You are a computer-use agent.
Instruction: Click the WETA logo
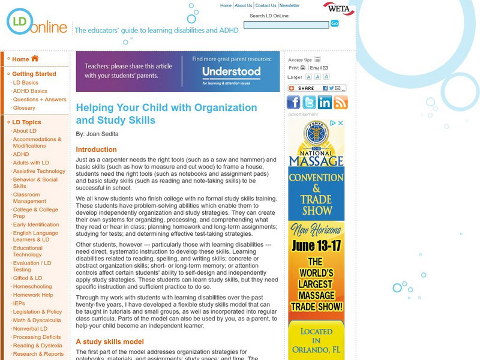click(x=338, y=8)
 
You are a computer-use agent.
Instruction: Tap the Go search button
click(x=334, y=23)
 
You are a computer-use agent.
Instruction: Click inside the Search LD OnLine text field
click(x=286, y=25)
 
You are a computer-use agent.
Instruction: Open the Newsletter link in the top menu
click(x=289, y=5)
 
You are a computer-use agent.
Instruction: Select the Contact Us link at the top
click(x=266, y=5)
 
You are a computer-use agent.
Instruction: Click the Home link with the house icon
click(x=25, y=59)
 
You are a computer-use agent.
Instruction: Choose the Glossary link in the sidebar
click(x=24, y=108)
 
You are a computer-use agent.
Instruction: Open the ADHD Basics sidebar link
click(x=30, y=91)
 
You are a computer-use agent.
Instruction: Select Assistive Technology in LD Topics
click(x=39, y=171)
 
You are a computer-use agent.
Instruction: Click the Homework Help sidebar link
click(x=33, y=295)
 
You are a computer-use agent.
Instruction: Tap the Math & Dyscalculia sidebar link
click(x=37, y=320)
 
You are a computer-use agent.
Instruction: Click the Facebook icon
click(x=294, y=102)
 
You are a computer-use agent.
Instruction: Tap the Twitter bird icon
click(x=309, y=102)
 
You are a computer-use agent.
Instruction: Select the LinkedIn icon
click(x=325, y=102)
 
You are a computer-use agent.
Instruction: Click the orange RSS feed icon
click(x=340, y=102)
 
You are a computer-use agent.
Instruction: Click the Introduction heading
click(x=96, y=149)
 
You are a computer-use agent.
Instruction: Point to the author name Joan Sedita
click(x=102, y=134)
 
